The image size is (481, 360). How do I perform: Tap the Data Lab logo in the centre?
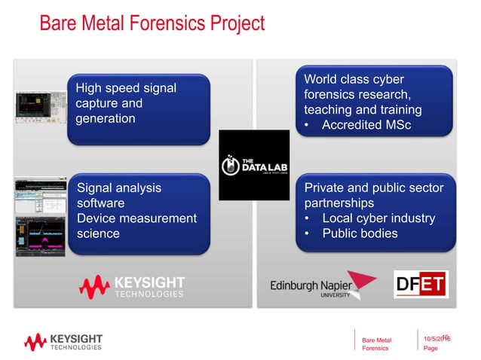(254, 165)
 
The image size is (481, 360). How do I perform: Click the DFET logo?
(421, 285)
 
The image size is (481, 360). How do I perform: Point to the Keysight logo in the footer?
(63, 342)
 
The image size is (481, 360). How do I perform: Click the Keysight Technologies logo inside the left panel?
(133, 287)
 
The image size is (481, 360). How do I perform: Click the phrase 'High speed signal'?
(126, 88)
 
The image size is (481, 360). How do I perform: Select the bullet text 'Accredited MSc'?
(366, 125)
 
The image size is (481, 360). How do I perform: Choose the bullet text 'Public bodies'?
(360, 233)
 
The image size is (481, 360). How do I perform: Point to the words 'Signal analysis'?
(119, 188)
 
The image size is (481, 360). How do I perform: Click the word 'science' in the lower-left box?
(98, 233)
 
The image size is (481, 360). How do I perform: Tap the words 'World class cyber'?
(354, 80)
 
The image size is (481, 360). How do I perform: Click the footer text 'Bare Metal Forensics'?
(377, 344)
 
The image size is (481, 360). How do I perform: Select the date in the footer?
(437, 340)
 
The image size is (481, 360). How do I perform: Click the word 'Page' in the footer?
(430, 349)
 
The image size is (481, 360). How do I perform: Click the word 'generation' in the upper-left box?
(106, 118)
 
